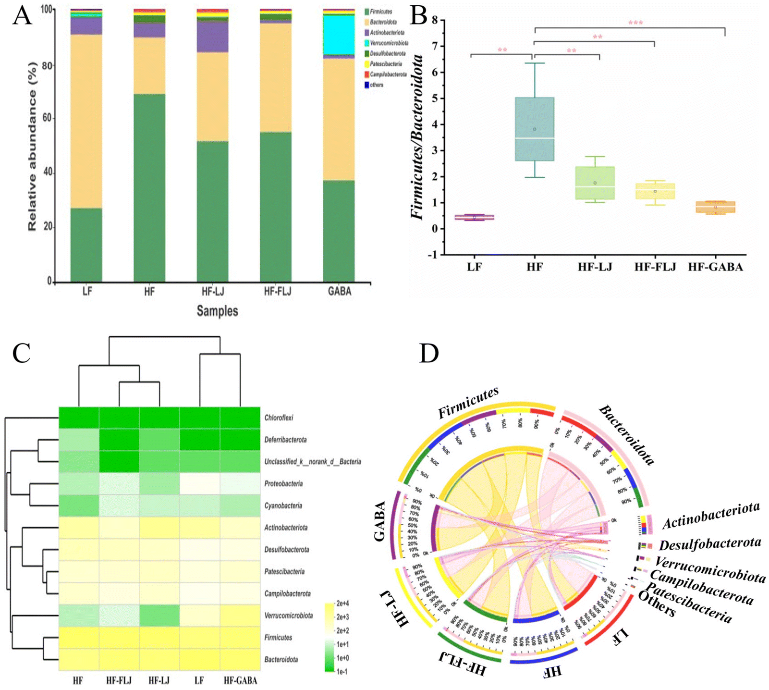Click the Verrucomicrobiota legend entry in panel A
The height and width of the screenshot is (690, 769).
(x=389, y=43)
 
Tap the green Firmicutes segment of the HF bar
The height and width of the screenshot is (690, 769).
(x=149, y=187)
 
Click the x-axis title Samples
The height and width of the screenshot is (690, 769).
(x=217, y=311)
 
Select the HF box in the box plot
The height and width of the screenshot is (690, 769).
(x=535, y=129)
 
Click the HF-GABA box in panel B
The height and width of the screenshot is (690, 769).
(x=716, y=207)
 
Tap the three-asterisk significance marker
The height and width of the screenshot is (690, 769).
(x=635, y=23)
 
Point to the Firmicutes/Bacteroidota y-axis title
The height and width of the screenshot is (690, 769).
(x=417, y=137)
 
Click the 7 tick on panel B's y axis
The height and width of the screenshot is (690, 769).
(x=435, y=46)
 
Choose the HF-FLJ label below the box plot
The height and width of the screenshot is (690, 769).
(x=655, y=267)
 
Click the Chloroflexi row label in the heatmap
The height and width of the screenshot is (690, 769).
(x=279, y=418)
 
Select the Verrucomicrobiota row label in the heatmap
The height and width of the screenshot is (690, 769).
(x=288, y=616)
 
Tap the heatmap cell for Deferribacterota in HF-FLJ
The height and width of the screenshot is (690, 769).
(x=119, y=440)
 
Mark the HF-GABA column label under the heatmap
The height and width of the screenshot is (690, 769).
(x=240, y=681)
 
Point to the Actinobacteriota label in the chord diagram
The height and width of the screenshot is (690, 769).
(x=711, y=515)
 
